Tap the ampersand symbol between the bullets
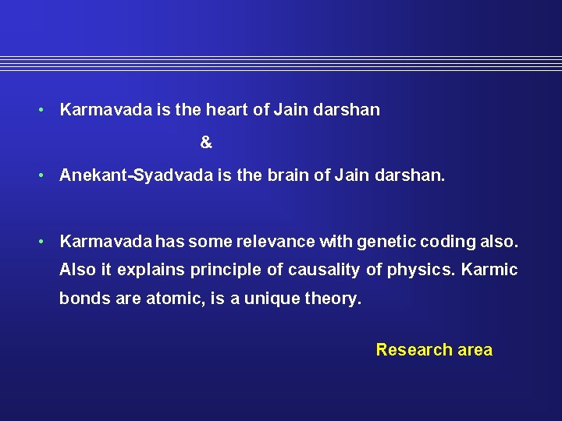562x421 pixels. pyautogui.click(x=206, y=143)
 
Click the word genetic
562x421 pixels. pyautogui.click(x=385, y=242)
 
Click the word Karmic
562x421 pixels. pyautogui.click(x=489, y=271)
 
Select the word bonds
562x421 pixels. pyautogui.click(x=81, y=299)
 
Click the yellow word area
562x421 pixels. pyautogui.click(x=475, y=350)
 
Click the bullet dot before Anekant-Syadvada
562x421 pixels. pyautogui.click(x=43, y=176)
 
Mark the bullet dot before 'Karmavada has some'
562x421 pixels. pyautogui.click(x=43, y=242)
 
